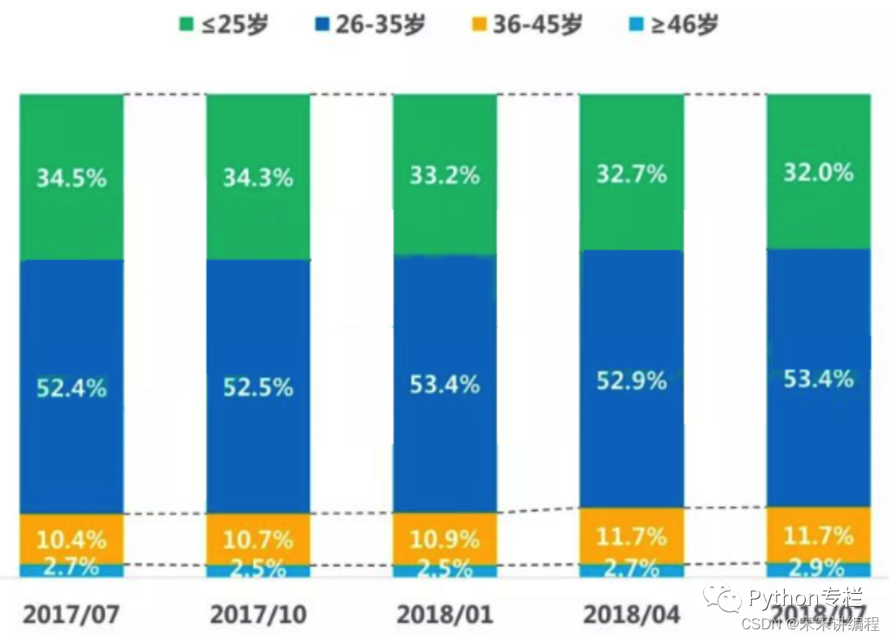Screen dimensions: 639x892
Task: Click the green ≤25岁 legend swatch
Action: click(184, 25)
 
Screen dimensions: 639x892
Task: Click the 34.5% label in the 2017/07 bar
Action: click(71, 177)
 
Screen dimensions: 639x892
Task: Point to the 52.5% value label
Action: click(258, 387)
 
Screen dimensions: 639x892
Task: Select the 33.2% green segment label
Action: click(444, 175)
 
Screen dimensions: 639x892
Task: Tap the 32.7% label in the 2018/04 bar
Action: click(631, 173)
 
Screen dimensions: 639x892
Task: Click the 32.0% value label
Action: click(818, 173)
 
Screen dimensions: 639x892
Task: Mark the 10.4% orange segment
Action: click(71, 538)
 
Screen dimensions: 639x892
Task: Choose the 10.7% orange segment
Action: click(258, 538)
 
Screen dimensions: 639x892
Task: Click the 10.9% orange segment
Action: click(444, 538)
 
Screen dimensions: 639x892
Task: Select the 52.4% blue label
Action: click(71, 387)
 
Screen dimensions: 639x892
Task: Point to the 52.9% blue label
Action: click(631, 380)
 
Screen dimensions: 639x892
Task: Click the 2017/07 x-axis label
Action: click(71, 615)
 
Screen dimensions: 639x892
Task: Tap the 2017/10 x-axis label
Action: click(258, 615)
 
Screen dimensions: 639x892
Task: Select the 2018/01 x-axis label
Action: click(444, 615)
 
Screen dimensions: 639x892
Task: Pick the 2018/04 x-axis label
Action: click(631, 615)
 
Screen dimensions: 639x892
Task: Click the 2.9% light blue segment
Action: click(818, 568)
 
